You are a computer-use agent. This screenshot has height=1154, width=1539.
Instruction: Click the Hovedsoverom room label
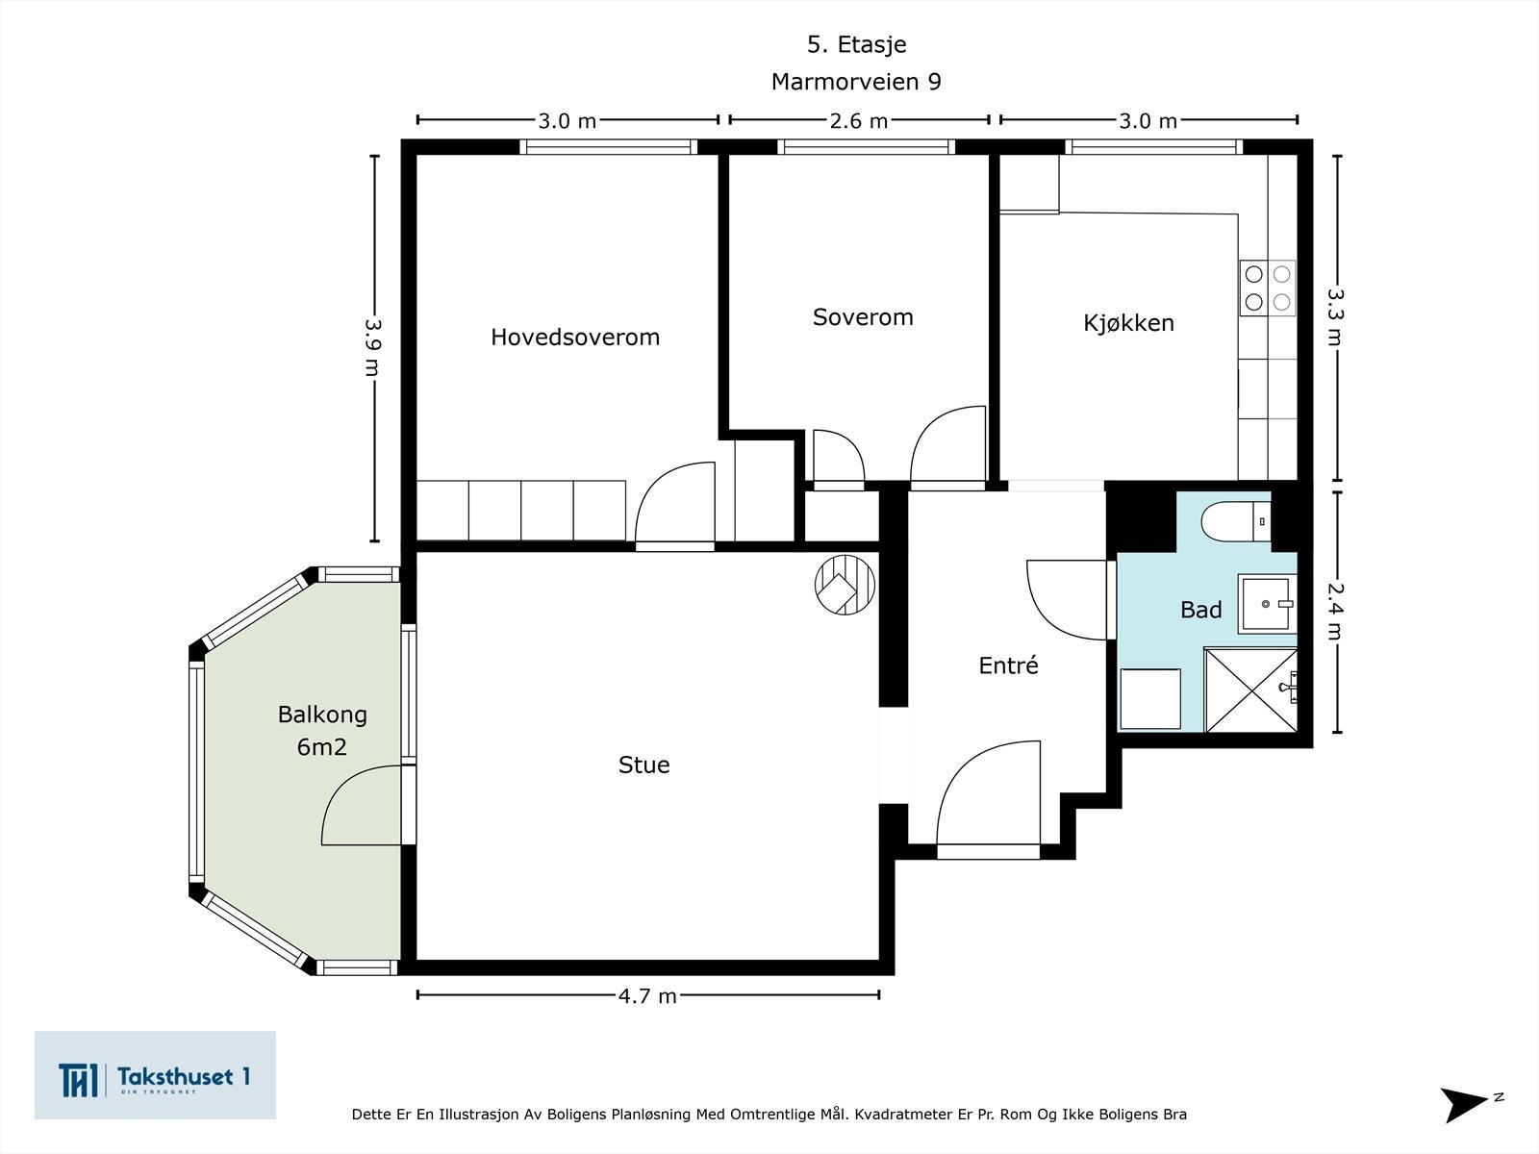point(575,337)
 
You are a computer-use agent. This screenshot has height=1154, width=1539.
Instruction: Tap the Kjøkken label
point(1128,323)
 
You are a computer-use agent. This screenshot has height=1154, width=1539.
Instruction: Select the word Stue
point(643,765)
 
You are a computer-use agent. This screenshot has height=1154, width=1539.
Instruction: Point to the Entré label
point(1008,665)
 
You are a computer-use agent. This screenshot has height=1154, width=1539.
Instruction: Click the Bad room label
point(1201,610)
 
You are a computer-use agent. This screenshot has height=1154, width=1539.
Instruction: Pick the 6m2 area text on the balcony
point(322,747)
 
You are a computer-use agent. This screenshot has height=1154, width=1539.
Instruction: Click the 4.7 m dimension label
point(647,995)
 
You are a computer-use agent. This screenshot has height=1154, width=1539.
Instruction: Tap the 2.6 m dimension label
point(859,121)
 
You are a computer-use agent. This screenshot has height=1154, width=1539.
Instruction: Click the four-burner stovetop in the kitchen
point(1268,288)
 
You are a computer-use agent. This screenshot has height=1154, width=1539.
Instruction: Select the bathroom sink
point(1267,604)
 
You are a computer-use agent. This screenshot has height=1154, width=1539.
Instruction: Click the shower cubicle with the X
point(1250,690)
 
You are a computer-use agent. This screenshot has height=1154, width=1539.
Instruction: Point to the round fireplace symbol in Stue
point(845,585)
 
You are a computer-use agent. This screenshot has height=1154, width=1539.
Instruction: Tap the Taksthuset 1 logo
point(155,1075)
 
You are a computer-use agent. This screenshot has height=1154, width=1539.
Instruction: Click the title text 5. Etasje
point(857,45)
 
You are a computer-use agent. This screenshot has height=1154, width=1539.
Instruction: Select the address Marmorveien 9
point(856,82)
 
